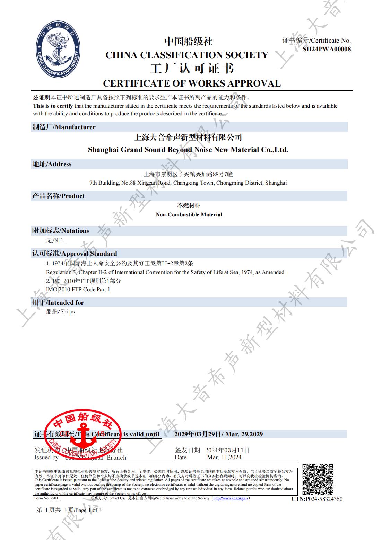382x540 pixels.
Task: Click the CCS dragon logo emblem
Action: point(58,48)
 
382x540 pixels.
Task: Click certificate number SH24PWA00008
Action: point(327,49)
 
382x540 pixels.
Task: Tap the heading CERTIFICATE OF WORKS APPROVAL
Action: point(192,83)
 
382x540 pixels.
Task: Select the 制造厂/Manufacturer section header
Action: point(64,127)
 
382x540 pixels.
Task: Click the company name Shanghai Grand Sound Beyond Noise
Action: point(188,150)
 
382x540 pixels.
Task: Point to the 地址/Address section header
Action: point(52,164)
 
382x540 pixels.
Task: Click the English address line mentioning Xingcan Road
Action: point(188,183)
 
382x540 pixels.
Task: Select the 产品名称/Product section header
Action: point(58,196)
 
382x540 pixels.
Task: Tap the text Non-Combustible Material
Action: point(189,215)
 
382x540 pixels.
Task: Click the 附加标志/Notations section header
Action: point(61,231)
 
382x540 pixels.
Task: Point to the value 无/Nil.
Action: point(55,240)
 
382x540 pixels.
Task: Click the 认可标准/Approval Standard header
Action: point(75,254)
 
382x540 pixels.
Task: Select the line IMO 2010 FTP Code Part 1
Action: point(78,290)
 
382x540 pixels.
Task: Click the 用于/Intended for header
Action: point(58,303)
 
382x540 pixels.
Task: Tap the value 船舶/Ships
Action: point(60,312)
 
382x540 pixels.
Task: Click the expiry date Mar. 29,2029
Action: point(244,434)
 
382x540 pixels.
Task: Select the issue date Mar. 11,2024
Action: point(224,458)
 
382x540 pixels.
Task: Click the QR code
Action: point(318,480)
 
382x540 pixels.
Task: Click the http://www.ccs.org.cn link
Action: point(231,498)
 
